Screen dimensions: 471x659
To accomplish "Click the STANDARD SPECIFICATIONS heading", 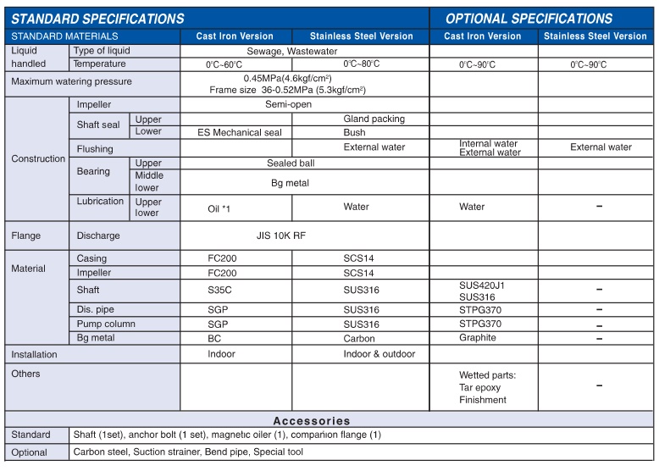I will [x=97, y=19].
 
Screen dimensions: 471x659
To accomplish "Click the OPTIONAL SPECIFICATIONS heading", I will [x=529, y=19].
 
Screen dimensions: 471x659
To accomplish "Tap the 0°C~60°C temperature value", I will [x=224, y=65].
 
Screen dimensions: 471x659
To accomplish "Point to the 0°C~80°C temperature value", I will [x=361, y=64].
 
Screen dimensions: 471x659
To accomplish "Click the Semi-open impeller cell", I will [x=288, y=105].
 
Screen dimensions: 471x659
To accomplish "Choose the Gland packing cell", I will [x=374, y=119].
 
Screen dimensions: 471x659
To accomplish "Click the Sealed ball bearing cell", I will [x=291, y=163].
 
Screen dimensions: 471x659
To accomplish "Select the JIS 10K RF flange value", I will [x=281, y=235].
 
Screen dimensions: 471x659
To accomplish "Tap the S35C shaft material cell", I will [x=221, y=290].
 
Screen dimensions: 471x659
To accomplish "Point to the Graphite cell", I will [x=478, y=338].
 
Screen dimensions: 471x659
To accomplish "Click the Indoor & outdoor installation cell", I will [x=379, y=354].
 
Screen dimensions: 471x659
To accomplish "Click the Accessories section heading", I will [x=311, y=421].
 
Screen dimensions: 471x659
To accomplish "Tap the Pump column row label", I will [x=106, y=324].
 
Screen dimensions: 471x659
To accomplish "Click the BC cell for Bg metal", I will [x=215, y=338].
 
